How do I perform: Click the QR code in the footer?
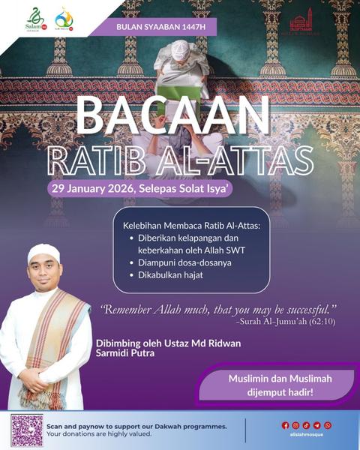click(x=26, y=430)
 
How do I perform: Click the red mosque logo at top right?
click(x=300, y=20)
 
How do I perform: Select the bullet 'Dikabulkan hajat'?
click(x=171, y=275)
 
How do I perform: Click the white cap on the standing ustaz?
click(x=43, y=252)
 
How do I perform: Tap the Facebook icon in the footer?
click(x=285, y=425)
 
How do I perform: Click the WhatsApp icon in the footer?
click(x=328, y=425)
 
